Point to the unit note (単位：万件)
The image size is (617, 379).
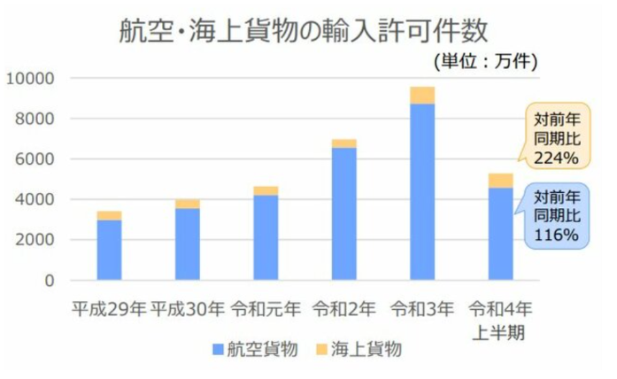coord(485,62)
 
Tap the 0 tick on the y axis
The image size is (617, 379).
coord(50,281)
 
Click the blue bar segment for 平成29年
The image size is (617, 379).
coord(109,250)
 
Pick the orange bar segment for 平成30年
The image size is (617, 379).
coord(188,204)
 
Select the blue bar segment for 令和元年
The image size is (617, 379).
coord(266,237)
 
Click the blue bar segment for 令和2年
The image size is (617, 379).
coord(343,213)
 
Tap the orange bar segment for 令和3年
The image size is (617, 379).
coord(422,95)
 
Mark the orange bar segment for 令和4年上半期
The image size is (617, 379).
coord(500,181)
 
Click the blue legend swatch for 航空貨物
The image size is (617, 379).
coord(217,349)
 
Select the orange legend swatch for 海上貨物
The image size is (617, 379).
coord(320,349)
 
